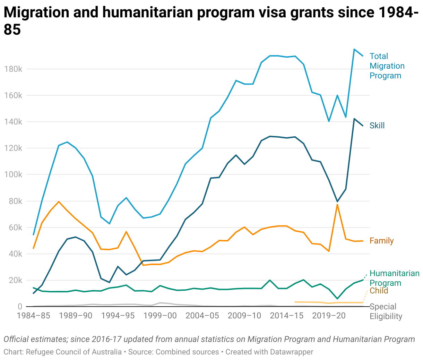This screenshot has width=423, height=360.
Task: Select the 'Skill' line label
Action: click(x=377, y=126)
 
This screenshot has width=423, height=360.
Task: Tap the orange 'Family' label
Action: click(x=381, y=241)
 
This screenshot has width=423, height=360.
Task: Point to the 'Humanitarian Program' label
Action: click(x=394, y=278)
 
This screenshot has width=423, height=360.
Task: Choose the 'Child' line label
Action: click(x=379, y=291)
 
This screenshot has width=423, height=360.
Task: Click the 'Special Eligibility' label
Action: click(x=386, y=311)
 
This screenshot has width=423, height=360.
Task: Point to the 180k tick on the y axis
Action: click(x=13, y=69)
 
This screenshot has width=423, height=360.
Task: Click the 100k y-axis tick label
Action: click(x=13, y=175)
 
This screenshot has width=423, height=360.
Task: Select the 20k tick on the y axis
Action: click(x=15, y=280)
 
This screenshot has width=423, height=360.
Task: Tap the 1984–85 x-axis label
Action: click(x=34, y=316)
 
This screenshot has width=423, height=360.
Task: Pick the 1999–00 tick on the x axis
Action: click(x=160, y=316)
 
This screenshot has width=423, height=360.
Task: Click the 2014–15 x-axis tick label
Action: click(x=286, y=316)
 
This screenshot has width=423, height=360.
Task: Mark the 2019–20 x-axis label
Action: click(x=329, y=316)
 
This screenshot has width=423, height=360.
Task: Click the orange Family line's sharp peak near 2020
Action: click(x=337, y=205)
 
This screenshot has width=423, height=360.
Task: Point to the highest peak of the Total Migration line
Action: click(x=354, y=49)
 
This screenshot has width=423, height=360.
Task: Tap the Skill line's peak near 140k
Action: click(x=354, y=119)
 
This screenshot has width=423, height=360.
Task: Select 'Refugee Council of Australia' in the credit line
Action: click(x=74, y=352)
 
